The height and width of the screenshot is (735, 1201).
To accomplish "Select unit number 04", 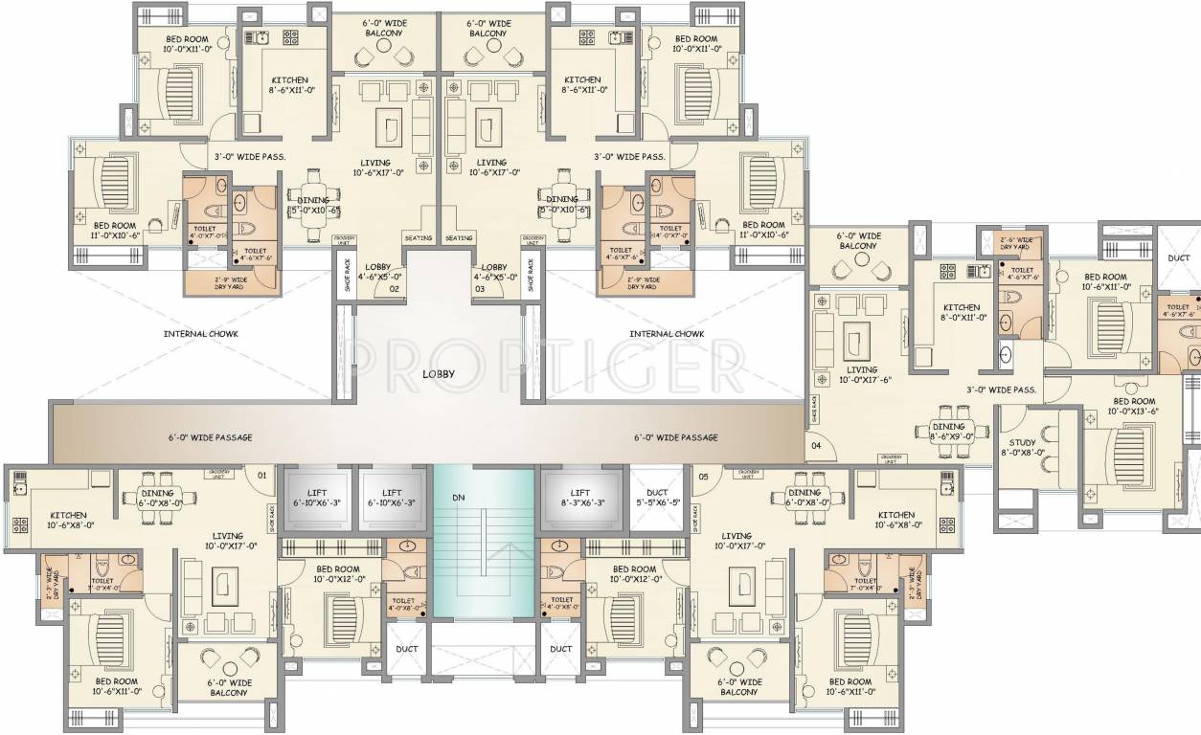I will (x=817, y=445).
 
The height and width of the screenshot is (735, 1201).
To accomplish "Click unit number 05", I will (x=704, y=474).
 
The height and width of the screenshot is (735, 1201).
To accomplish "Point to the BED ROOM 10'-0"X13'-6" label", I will (x=1133, y=406).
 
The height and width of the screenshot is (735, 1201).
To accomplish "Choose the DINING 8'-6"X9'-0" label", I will (x=948, y=431).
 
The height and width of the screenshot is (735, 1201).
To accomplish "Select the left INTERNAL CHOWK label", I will (x=200, y=334).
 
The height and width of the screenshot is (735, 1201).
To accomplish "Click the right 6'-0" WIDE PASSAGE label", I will (x=675, y=437).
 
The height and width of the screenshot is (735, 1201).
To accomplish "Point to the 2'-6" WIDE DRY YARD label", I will (x=1016, y=244).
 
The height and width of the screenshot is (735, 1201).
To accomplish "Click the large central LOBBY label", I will (x=439, y=374).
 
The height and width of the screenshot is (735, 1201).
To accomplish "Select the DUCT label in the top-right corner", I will (x=1178, y=258).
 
